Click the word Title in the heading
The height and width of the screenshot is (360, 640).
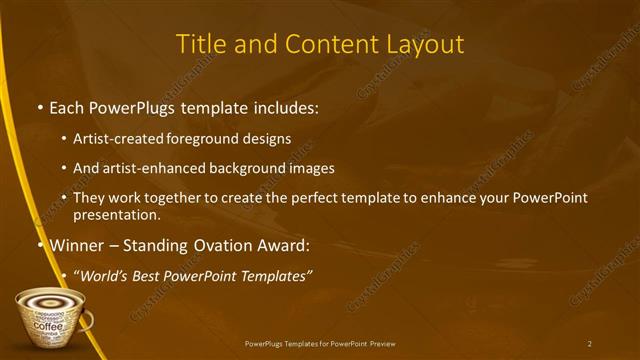(x=200, y=45)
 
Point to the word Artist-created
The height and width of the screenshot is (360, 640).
(x=116, y=139)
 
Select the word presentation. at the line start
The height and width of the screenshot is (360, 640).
(x=116, y=214)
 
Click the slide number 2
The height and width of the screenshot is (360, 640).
(x=589, y=343)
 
